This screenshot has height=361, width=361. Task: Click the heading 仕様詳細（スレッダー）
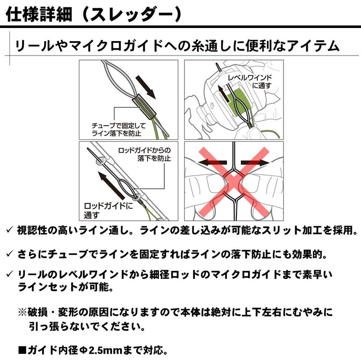[95, 13]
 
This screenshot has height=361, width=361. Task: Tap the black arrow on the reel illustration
[221, 93]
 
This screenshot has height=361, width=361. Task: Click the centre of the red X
[233, 180]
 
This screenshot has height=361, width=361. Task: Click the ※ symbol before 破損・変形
[23, 312]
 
